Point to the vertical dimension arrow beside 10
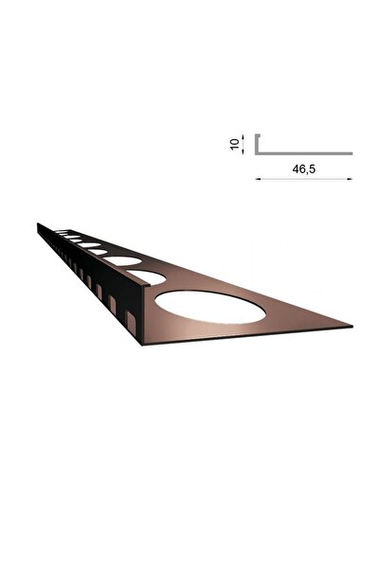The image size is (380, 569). (244, 143)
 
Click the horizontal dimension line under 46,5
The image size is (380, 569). (303, 178)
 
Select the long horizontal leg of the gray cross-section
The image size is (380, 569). (303, 152)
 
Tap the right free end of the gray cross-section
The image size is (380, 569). (351, 152)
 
